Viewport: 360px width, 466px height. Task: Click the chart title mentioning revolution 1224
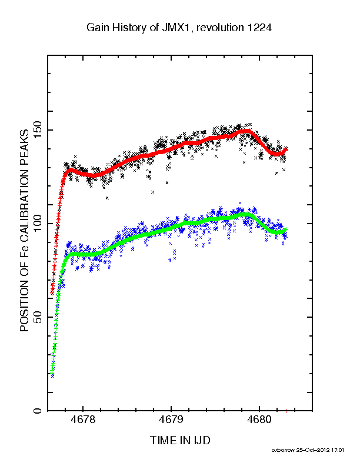(x=179, y=27)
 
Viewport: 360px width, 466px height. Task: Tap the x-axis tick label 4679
(x=171, y=421)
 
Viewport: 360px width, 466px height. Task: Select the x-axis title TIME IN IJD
(x=179, y=440)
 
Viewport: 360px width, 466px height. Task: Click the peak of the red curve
(x=243, y=131)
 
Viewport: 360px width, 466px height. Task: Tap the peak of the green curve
(x=243, y=215)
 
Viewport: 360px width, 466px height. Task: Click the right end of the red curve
(x=286, y=149)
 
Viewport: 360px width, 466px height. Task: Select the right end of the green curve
(x=286, y=229)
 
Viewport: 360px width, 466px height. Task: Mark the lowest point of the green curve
(x=52, y=374)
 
